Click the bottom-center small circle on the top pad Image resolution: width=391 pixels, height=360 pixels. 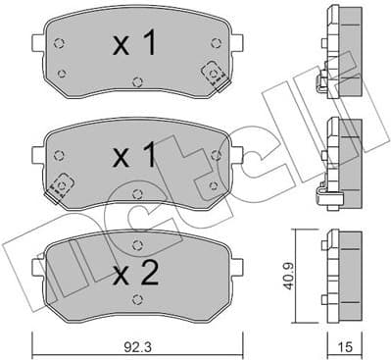click(136, 81)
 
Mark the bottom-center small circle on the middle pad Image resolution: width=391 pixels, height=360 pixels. click(136, 192)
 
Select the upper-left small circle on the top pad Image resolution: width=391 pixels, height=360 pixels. click(60, 42)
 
